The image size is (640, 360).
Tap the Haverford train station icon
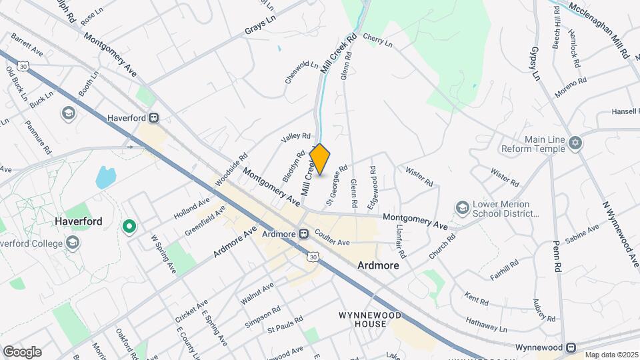pyautogui.click(x=154, y=118)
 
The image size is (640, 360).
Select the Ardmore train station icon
pyautogui.click(x=303, y=234)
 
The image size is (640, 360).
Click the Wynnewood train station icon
pyautogui.click(x=571, y=347)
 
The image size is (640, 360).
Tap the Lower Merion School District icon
pyautogui.click(x=461, y=209)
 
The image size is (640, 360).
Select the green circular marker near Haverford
pyautogui.click(x=129, y=228)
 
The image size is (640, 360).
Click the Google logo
pyautogui.click(x=21, y=351)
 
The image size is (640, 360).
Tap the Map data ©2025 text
pyautogui.click(x=611, y=355)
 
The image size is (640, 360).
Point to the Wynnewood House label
pyautogui.click(x=362, y=319)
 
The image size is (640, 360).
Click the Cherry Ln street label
pyautogui.click(x=378, y=42)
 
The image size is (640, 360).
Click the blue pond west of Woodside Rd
pyautogui.click(x=105, y=177)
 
